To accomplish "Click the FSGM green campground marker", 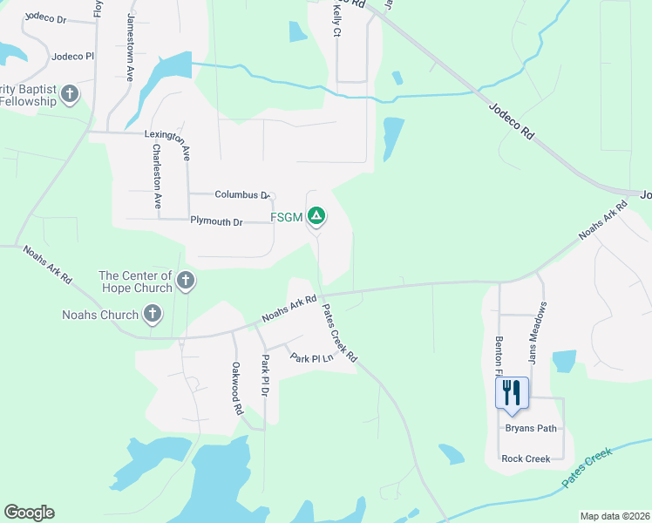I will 316,214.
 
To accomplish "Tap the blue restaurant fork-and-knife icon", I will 512,392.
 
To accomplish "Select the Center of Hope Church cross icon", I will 185,281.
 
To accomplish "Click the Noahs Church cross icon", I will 153,314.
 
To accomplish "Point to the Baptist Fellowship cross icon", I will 70,93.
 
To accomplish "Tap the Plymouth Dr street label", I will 216,221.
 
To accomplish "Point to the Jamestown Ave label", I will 130,47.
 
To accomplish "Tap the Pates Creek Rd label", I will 340,332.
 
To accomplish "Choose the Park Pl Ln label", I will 312,358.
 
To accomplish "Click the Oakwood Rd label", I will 236,388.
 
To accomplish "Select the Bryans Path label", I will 530,428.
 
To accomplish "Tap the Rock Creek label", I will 526,458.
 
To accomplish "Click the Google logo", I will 29,513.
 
